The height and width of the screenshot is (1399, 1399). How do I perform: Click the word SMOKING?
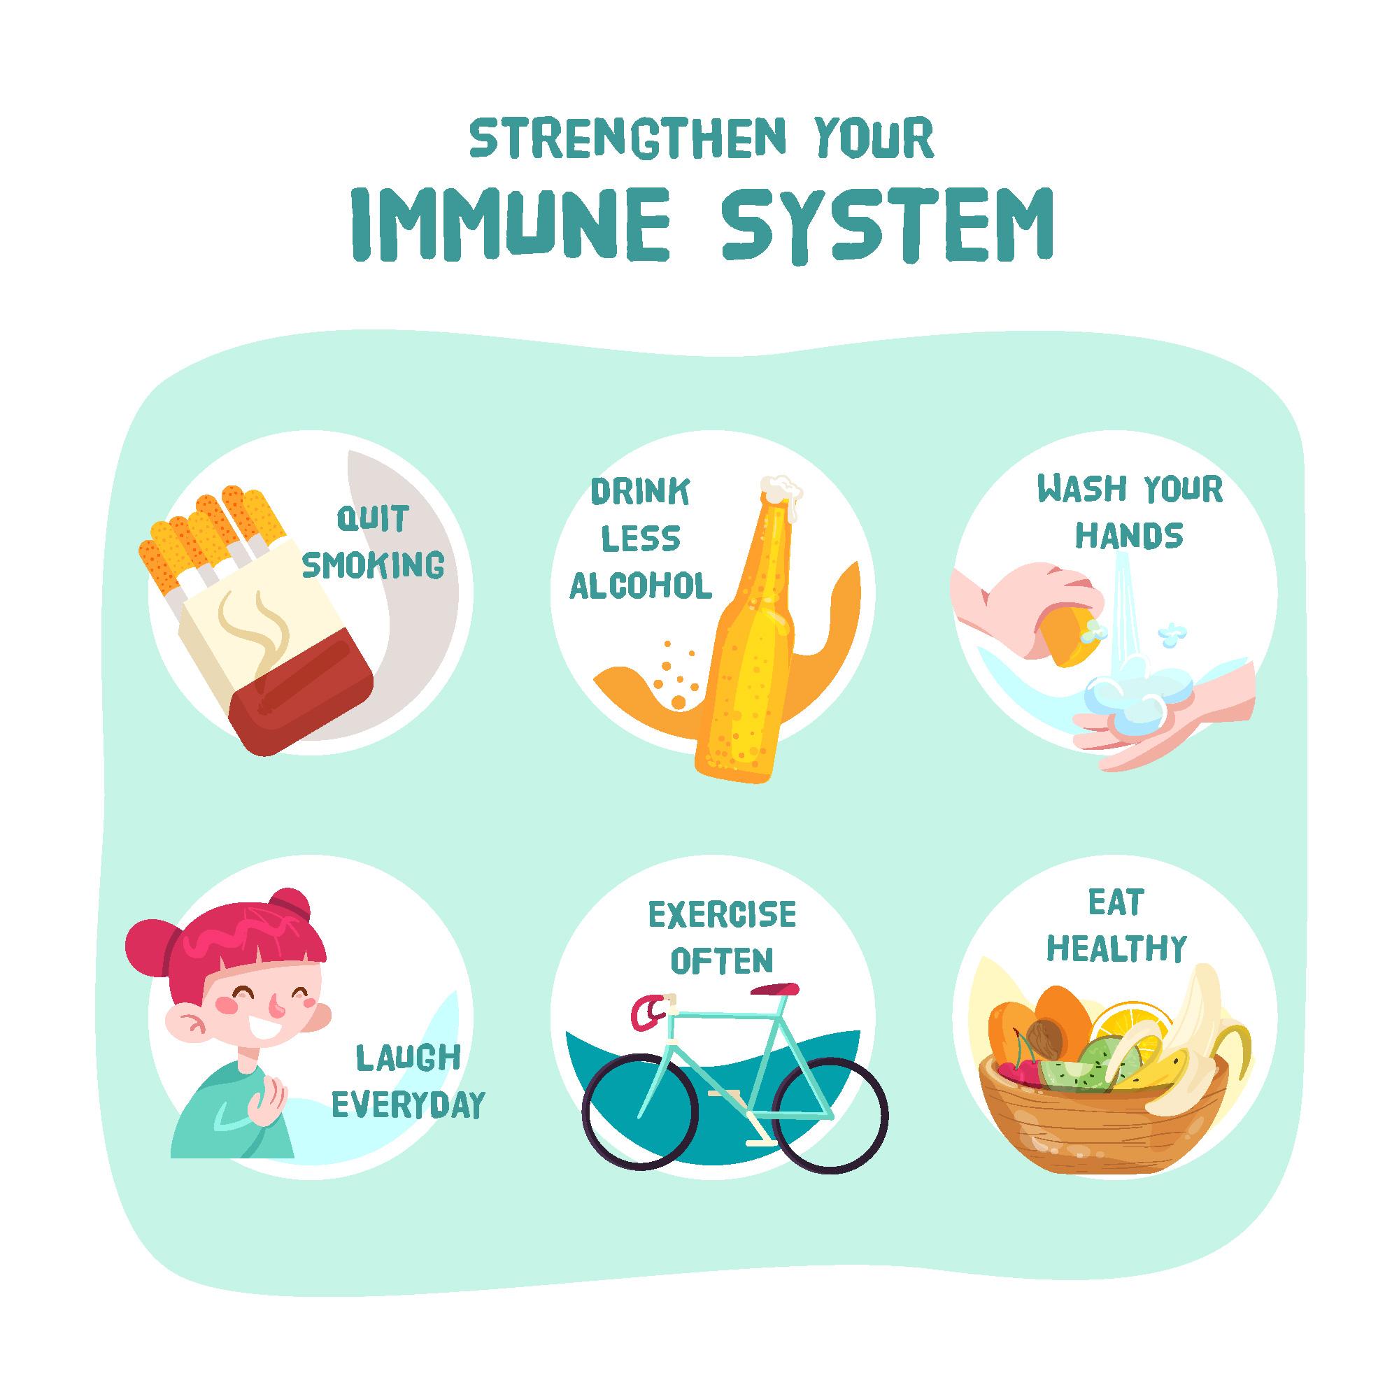tap(373, 564)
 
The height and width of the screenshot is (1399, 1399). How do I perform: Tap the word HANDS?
tap(1129, 536)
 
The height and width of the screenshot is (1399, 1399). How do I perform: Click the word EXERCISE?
tap(722, 915)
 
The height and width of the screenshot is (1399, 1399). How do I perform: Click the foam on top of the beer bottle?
tap(783, 492)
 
